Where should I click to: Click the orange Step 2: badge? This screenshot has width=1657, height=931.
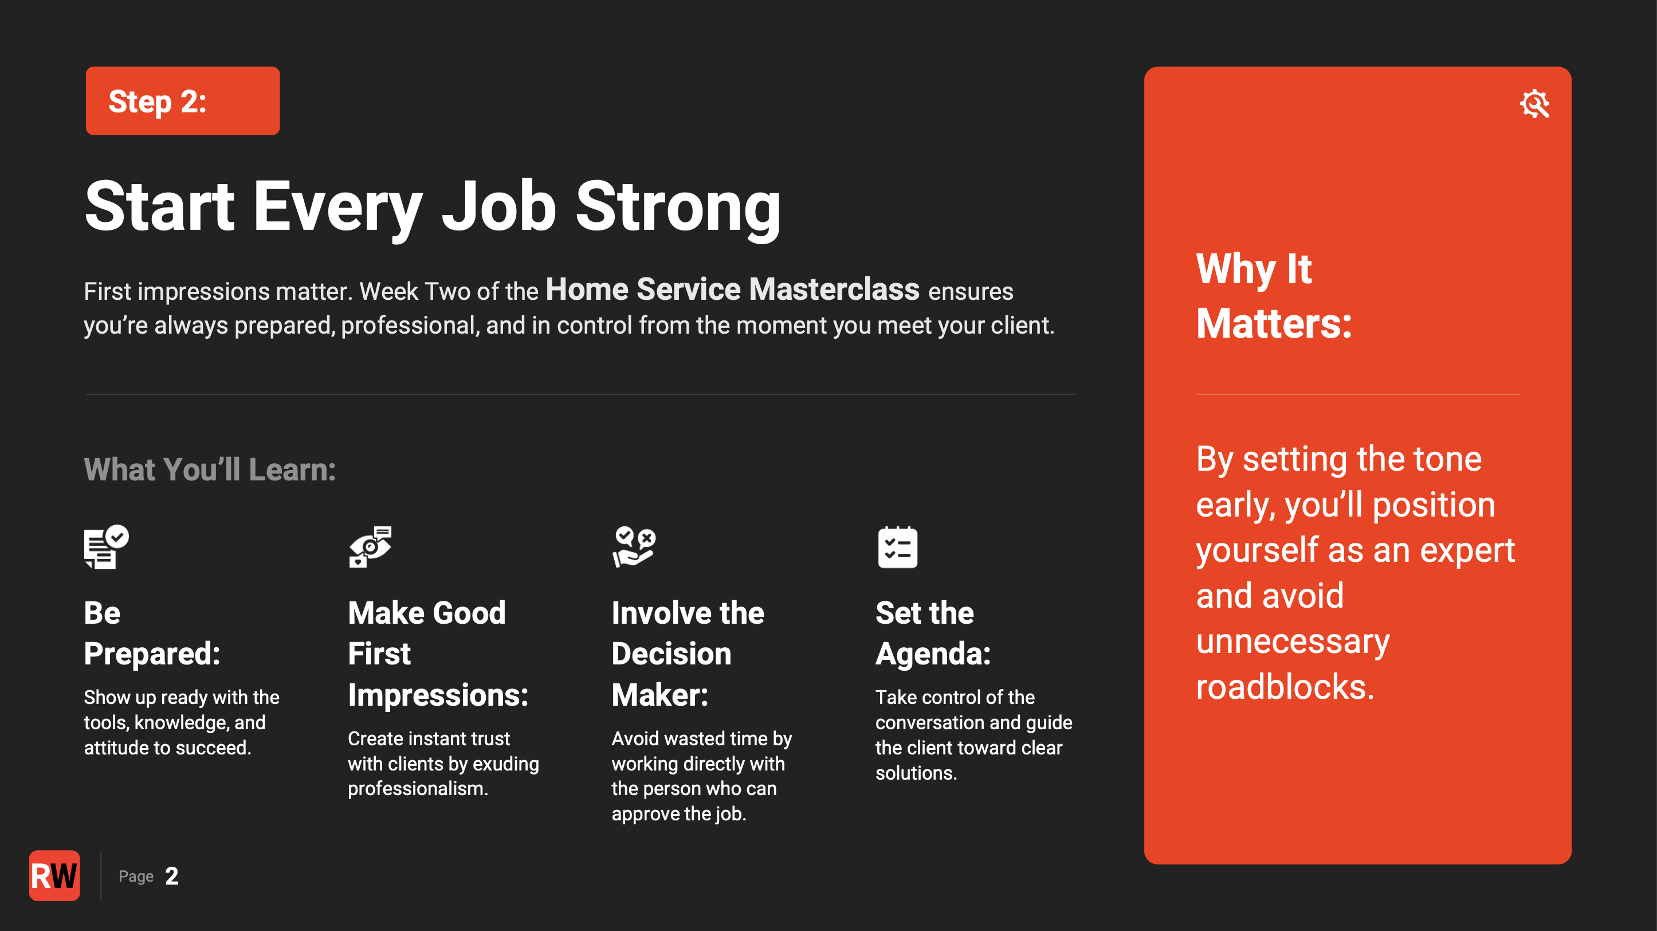183,100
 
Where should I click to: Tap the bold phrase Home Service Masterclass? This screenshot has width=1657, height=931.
732,289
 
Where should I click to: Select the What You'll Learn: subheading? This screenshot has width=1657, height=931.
210,469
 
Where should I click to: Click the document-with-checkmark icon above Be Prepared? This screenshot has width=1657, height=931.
106,547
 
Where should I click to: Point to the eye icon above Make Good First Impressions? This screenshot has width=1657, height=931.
370,547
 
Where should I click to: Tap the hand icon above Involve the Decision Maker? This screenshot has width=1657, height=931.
634,547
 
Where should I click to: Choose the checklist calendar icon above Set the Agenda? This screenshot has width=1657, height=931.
897,547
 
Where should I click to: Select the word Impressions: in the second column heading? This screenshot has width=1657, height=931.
438,695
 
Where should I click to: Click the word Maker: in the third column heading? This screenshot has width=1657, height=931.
660,695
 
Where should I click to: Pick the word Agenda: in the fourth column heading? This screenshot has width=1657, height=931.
933,654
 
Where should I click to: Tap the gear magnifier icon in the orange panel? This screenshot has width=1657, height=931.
1535,104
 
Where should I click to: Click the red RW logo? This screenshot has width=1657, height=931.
54,875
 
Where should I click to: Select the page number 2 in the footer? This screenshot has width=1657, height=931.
172,875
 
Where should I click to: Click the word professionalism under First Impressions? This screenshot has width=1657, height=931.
418,789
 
